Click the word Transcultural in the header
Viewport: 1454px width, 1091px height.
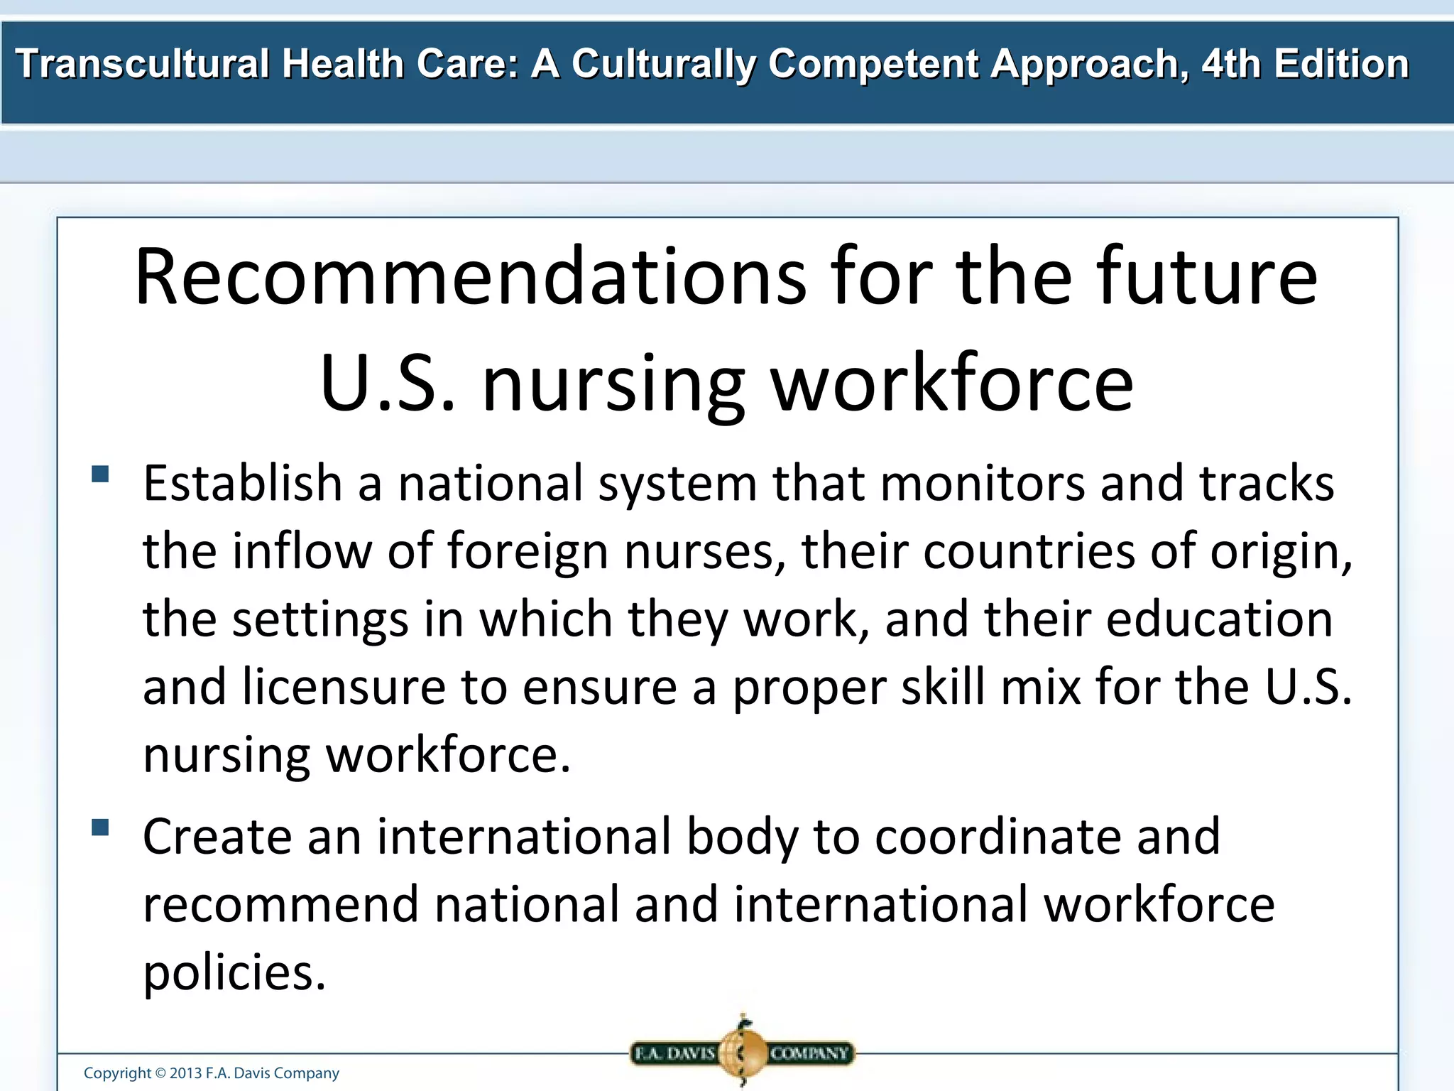[x=142, y=64]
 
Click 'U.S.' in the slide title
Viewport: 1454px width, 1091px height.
[x=388, y=383]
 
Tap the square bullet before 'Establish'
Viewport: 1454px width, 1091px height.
[x=100, y=474]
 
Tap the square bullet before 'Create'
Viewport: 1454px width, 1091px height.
[x=100, y=827]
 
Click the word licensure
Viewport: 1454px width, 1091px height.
[x=344, y=687]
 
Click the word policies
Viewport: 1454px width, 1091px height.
[x=234, y=972]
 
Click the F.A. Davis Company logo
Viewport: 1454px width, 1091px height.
[x=743, y=1052]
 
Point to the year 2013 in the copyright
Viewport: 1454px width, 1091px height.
[x=185, y=1073]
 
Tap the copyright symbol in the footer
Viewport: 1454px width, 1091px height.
[x=160, y=1073]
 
